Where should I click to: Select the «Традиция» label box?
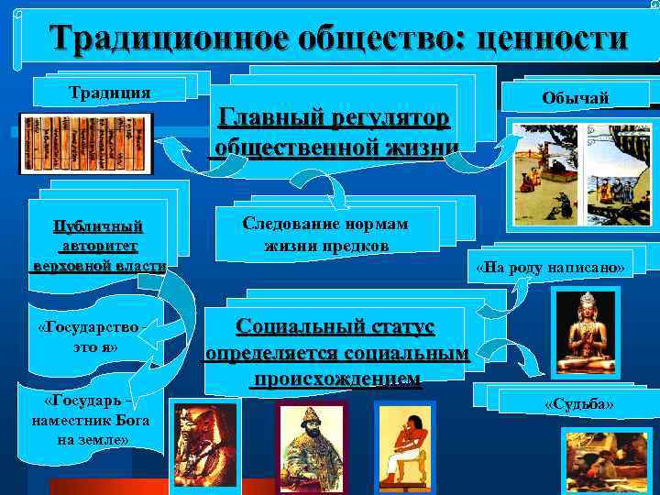[111, 91]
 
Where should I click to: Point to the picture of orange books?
[85, 143]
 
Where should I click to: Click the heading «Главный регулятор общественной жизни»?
[334, 133]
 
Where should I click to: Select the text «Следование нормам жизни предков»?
[325, 235]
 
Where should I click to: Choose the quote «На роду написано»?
[550, 269]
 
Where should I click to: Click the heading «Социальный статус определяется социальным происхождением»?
[336, 352]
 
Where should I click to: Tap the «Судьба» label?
[578, 403]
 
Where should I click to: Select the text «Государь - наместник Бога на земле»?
[88, 420]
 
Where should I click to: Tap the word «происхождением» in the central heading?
[338, 379]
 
